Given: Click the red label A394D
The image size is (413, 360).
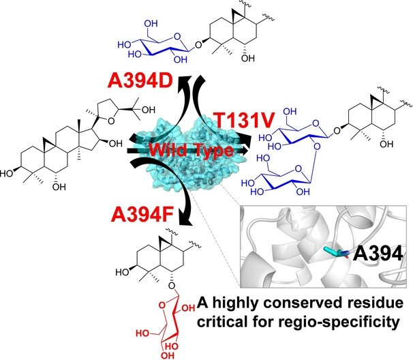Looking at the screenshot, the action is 140,80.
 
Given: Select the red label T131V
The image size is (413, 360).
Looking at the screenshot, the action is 245,120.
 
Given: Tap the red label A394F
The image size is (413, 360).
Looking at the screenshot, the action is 142,215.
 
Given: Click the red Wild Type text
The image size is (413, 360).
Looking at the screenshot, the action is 192,150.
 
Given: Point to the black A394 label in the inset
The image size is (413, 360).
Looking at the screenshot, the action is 378,254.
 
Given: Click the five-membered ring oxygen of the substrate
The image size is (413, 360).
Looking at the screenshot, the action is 111,121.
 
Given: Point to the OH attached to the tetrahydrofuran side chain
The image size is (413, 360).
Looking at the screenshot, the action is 149,110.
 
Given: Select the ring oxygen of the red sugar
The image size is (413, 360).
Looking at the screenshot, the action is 162,305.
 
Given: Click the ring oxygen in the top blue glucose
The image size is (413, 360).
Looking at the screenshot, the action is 177,36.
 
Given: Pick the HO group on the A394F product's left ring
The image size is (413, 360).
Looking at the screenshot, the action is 122,272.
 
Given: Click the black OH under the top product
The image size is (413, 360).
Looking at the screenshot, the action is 248,58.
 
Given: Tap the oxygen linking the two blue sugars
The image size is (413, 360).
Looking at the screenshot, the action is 317,146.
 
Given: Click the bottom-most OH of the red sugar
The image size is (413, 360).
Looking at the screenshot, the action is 168,355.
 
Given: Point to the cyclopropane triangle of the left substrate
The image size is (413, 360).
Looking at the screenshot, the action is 48,142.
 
